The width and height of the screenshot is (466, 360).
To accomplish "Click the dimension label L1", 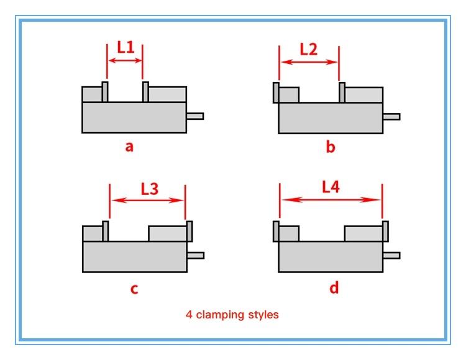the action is (126, 48).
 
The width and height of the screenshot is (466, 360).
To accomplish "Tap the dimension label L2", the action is (308, 49).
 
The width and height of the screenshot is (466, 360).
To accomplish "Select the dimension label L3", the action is (150, 189).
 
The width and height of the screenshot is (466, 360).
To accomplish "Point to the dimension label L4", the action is (331, 187).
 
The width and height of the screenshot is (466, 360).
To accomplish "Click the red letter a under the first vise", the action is (129, 146).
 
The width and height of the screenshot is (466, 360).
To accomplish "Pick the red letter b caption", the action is (331, 146).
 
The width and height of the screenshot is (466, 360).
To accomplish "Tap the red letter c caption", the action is (134, 289).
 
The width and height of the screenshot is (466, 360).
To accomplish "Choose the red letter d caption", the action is (334, 287).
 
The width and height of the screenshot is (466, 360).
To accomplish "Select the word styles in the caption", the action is (263, 314).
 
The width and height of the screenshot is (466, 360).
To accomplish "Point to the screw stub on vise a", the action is (195, 116).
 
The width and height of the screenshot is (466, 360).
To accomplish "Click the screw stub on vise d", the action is (391, 255).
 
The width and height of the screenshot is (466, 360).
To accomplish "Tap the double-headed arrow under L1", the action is (125, 61).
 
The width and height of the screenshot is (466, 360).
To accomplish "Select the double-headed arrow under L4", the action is (331, 200).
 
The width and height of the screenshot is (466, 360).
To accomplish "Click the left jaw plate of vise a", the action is (105, 92).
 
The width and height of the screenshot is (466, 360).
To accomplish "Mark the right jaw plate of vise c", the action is (190, 231).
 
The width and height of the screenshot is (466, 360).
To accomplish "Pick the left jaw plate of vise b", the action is (276, 92).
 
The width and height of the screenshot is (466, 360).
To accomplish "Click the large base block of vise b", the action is (331, 118).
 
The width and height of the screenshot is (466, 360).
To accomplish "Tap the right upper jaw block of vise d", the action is (363, 234).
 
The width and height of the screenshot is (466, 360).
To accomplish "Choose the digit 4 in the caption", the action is (189, 314).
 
